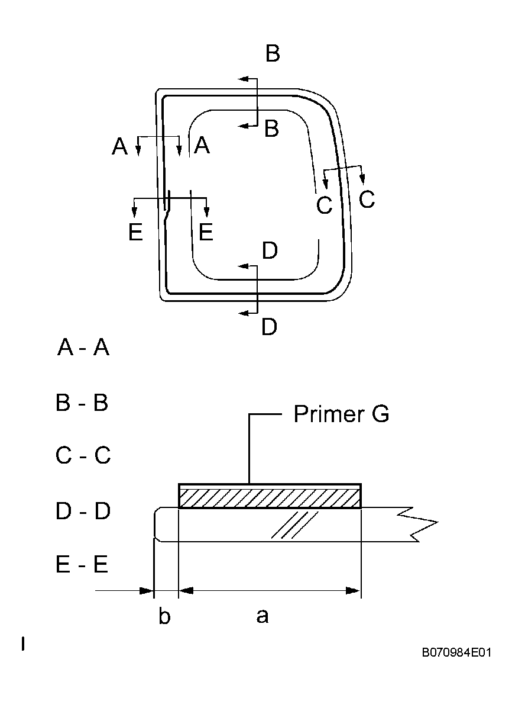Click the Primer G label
[x=341, y=414]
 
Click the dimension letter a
[x=263, y=617]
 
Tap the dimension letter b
[x=164, y=617]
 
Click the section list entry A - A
[x=83, y=348]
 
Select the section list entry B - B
[x=82, y=403]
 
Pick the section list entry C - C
[x=83, y=456]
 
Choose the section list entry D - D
[x=83, y=511]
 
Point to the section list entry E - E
[x=82, y=565]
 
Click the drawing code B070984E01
[x=456, y=652]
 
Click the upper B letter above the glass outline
[x=272, y=53]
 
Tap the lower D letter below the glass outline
[x=269, y=326]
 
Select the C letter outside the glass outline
[x=367, y=200]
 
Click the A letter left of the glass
[x=120, y=146]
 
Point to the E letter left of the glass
[x=135, y=232]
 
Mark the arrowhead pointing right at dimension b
[x=146, y=590]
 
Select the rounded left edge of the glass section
[x=155, y=524]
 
